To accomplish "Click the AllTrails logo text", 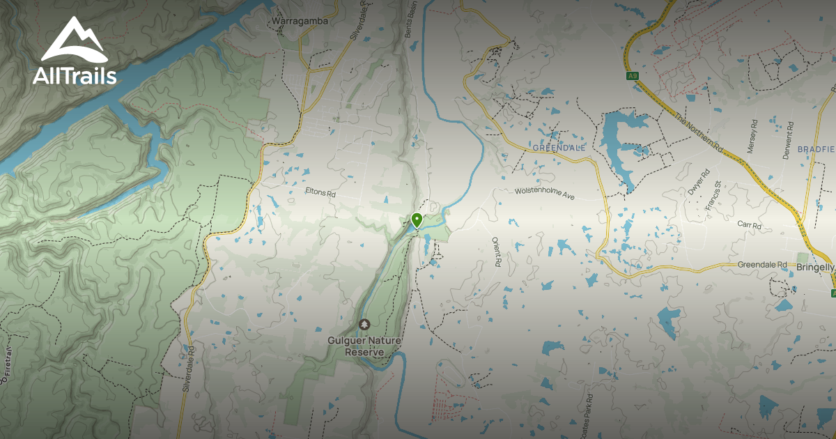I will (x=75, y=76).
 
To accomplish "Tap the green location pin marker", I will (x=417, y=221).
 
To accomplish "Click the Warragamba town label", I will (x=300, y=21).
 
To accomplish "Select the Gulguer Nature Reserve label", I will (x=364, y=346).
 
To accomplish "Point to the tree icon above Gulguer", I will (x=364, y=325).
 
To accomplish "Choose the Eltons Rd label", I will (x=320, y=190).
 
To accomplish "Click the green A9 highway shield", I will (x=632, y=76).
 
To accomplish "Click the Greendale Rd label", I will (x=762, y=265).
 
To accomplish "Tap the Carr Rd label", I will (x=749, y=224).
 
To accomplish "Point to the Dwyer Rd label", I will (x=698, y=181).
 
